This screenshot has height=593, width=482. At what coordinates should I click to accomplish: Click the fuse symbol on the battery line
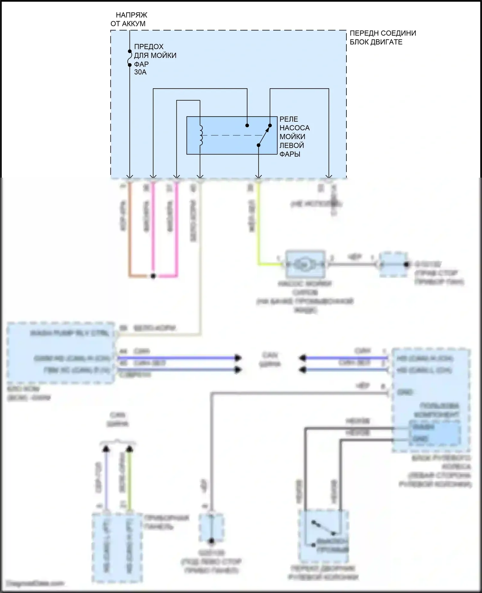[129, 58]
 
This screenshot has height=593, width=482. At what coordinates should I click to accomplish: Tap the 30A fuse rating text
[140, 72]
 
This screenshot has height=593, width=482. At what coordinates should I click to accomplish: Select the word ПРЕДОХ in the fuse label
[148, 47]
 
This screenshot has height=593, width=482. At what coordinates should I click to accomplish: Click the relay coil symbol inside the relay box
[201, 135]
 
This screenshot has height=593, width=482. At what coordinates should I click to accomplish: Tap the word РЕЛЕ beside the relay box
[289, 119]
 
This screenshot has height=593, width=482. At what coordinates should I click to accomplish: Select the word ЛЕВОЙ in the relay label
[291, 146]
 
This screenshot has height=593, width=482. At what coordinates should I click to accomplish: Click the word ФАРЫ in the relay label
[290, 154]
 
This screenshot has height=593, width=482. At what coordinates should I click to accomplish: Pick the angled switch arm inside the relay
[264, 135]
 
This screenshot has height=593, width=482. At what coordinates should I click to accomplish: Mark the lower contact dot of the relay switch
[258, 145]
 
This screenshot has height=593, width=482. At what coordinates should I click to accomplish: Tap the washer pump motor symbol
[304, 264]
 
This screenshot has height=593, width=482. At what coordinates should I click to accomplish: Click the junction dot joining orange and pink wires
[153, 276]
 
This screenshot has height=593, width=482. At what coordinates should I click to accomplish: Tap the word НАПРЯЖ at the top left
[131, 15]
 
